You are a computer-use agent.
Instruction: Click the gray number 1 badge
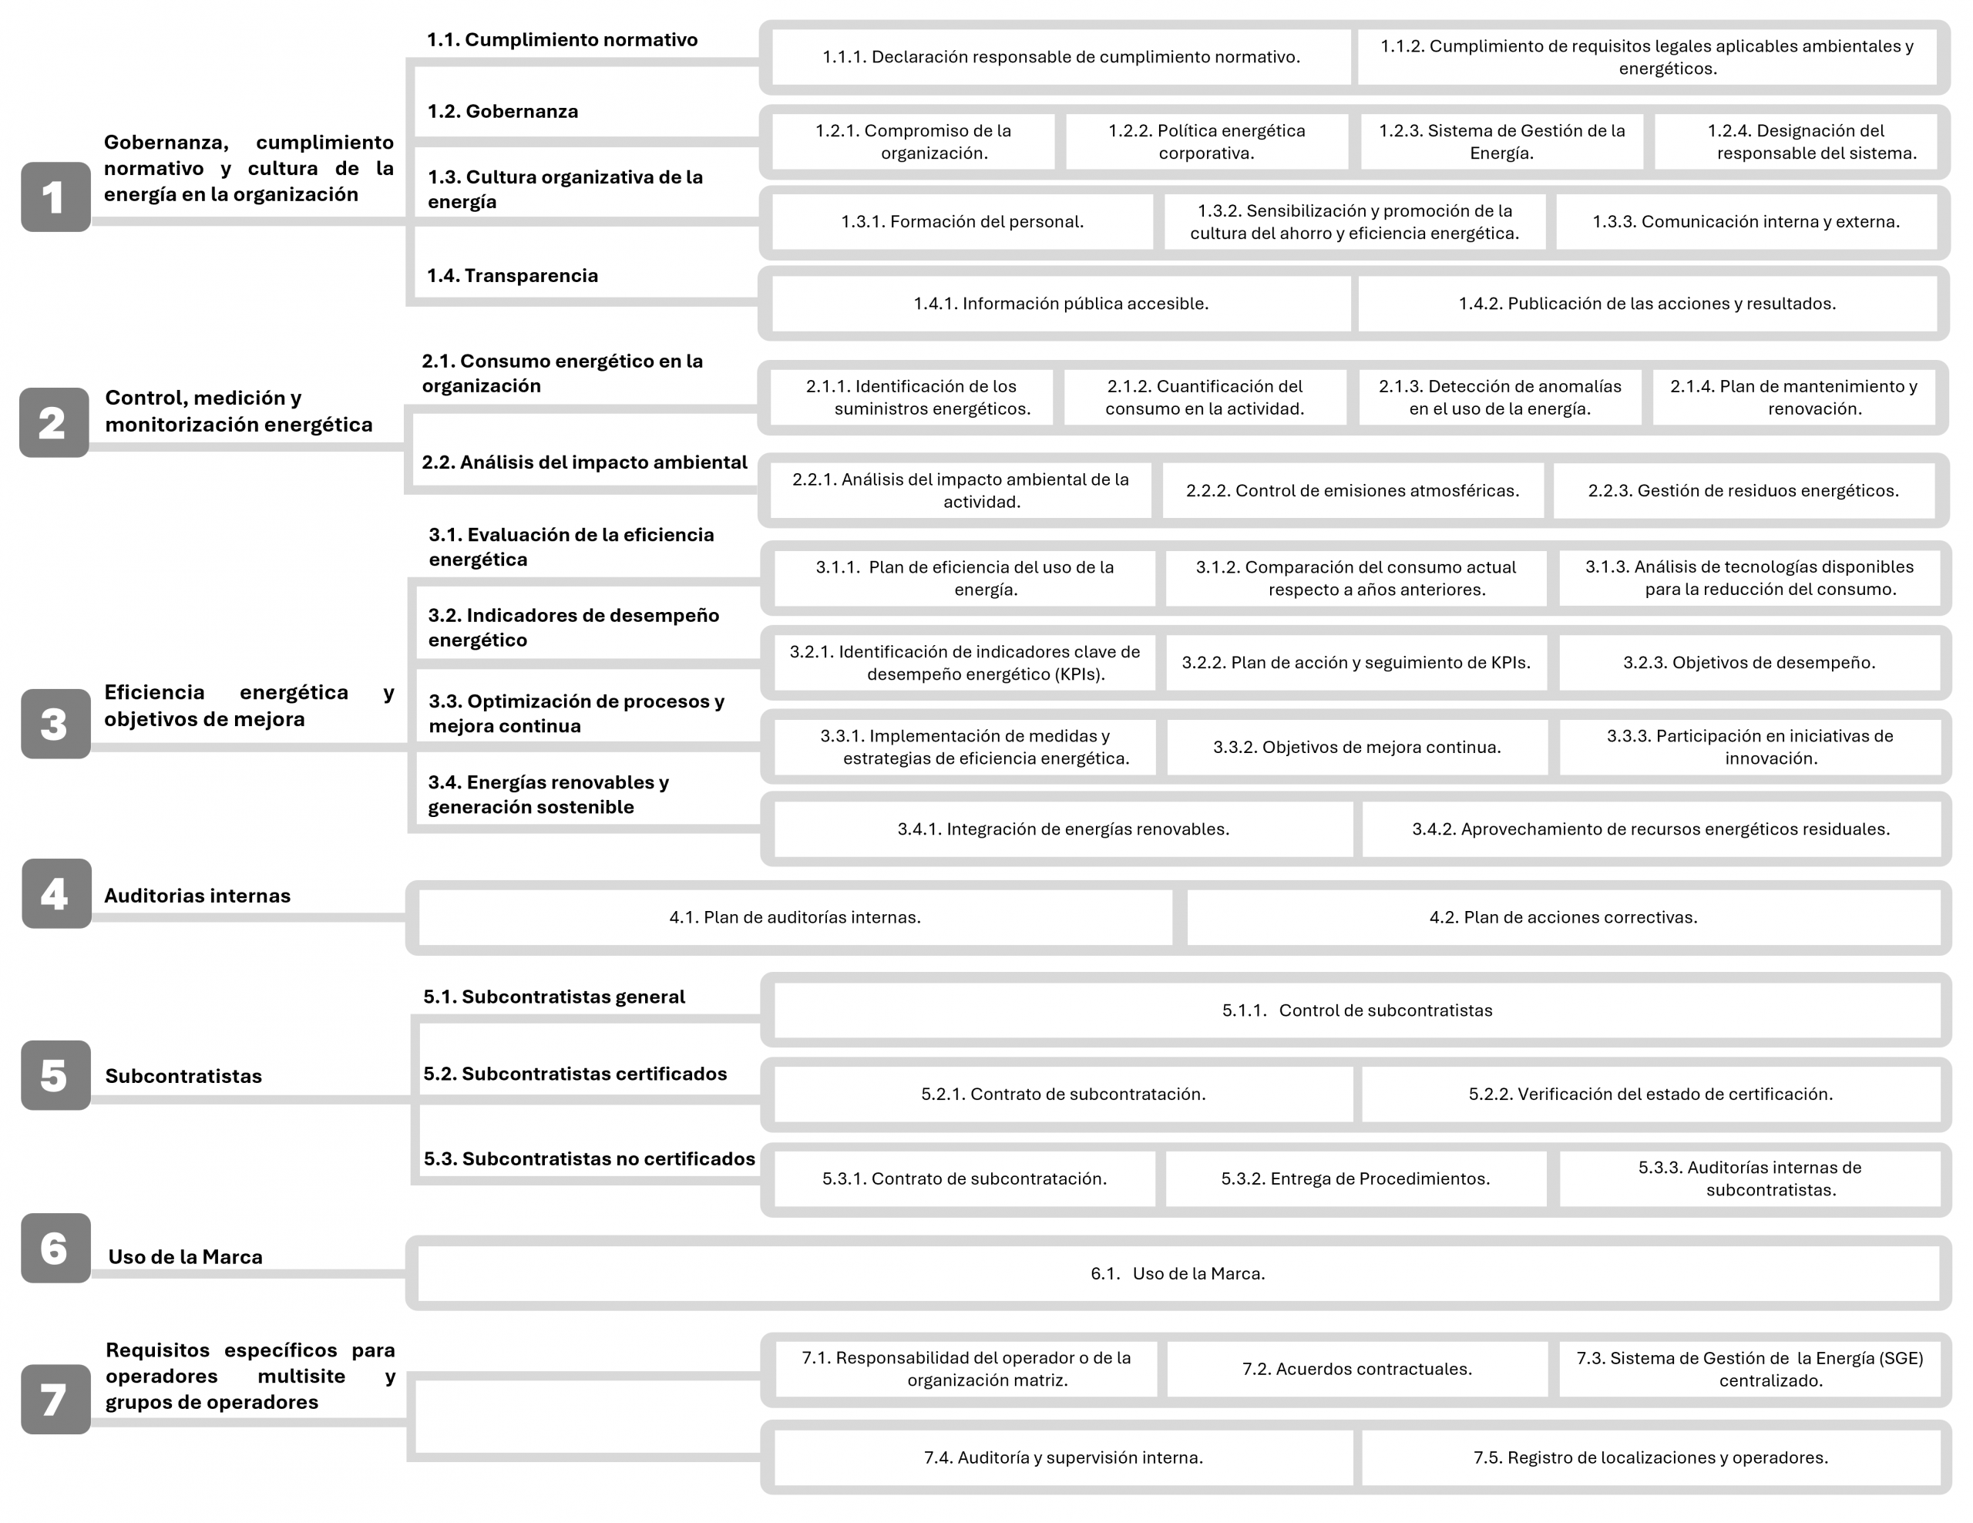(55, 197)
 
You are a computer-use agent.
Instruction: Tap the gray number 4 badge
(56, 893)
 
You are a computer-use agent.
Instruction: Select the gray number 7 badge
(55, 1399)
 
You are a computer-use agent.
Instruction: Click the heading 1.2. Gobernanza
(502, 111)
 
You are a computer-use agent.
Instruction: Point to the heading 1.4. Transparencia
(513, 275)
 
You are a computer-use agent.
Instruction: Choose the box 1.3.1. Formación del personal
(962, 221)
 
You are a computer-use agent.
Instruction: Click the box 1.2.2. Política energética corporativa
(1206, 142)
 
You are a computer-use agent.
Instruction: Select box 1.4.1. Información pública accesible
(1060, 304)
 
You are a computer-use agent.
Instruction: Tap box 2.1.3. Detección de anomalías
(1500, 398)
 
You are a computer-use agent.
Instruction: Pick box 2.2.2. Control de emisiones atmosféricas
(1353, 490)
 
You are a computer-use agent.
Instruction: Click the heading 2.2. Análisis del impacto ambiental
(584, 462)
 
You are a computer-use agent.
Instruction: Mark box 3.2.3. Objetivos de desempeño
(1749, 662)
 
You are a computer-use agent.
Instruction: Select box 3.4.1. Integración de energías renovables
(1064, 829)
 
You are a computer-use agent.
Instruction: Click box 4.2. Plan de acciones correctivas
(1563, 918)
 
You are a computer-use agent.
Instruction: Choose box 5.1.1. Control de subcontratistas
(1357, 1010)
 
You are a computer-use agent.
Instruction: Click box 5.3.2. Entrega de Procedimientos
(1355, 1178)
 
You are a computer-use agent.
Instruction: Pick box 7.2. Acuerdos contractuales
(1356, 1370)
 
